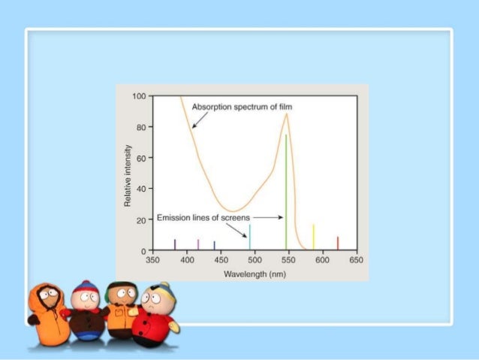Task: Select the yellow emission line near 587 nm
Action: [x=313, y=237]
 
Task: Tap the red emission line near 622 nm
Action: [x=338, y=243]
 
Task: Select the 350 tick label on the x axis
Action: [x=152, y=259]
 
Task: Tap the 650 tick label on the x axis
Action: [x=357, y=259]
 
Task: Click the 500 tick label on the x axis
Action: [x=255, y=259]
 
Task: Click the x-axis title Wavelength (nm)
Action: [x=255, y=274]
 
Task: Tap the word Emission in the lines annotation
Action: [x=173, y=218]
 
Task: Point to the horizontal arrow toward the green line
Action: [x=269, y=217]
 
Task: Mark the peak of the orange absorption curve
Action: [x=286, y=114]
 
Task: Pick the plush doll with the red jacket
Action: [x=155, y=316]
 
